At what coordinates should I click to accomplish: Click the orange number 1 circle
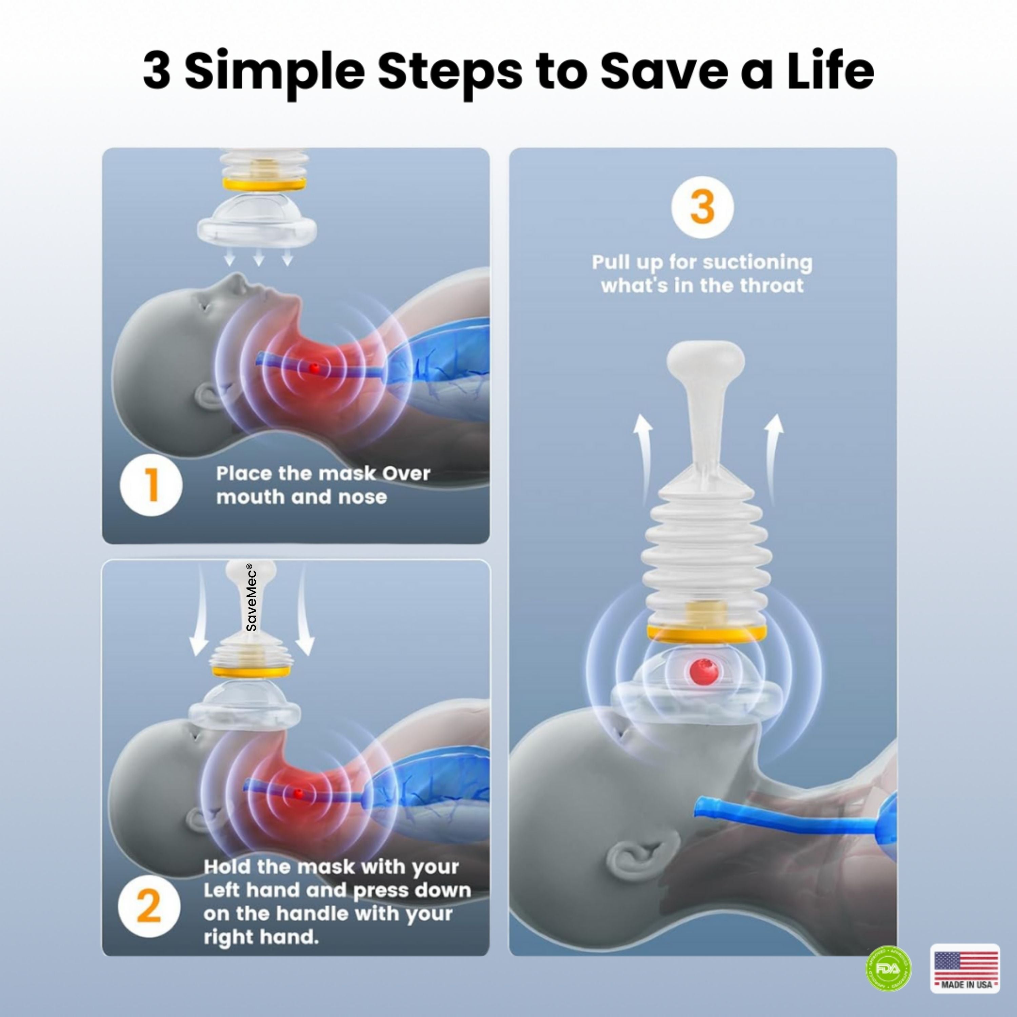tap(151, 484)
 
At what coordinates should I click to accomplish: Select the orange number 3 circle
tap(702, 207)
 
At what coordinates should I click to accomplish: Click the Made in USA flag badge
tap(965, 969)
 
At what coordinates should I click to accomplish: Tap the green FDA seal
tap(889, 969)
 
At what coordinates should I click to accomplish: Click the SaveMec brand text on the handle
tap(252, 597)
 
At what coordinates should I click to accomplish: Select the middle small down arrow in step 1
tap(258, 258)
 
